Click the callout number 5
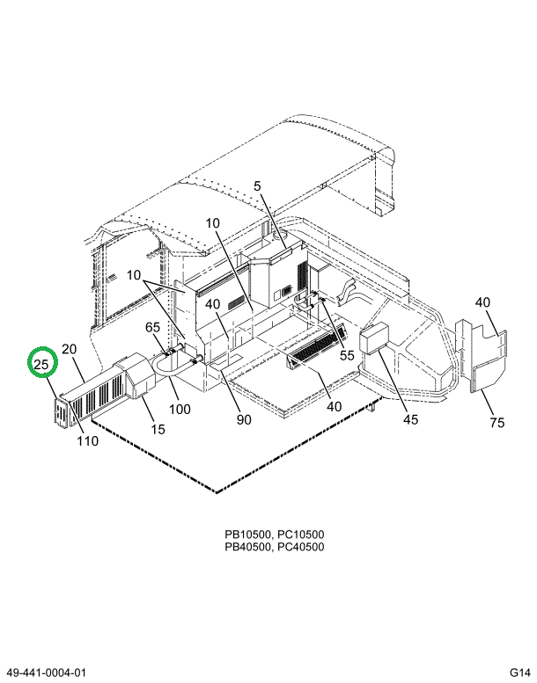(x=258, y=186)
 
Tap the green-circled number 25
(x=41, y=363)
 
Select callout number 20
(x=70, y=350)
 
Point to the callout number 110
(x=86, y=440)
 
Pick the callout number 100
(x=179, y=410)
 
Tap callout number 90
(x=244, y=419)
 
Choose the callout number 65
(x=153, y=328)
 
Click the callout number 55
(x=347, y=355)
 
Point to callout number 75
(x=497, y=423)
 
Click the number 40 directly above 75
(x=482, y=304)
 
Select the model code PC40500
(x=299, y=547)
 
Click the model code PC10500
(x=299, y=534)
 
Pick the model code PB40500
(x=246, y=547)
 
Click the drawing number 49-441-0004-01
(x=49, y=672)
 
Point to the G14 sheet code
(x=519, y=672)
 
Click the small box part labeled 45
(x=376, y=338)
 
